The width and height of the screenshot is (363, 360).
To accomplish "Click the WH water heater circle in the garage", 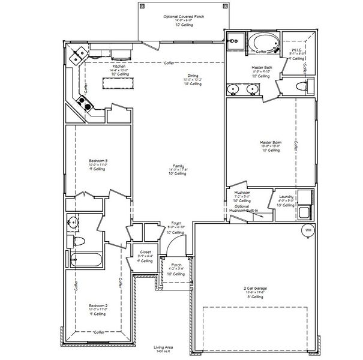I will (308, 230).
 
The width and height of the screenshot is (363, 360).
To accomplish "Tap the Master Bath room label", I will (262, 68).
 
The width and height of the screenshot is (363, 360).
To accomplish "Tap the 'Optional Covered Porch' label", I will (184, 17).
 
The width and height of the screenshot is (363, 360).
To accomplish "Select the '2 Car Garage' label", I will (255, 289).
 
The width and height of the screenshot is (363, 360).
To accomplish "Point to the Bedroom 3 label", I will (98, 161).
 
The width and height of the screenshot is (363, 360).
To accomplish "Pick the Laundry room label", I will (285, 196).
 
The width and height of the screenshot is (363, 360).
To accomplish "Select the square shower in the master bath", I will (235, 43).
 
